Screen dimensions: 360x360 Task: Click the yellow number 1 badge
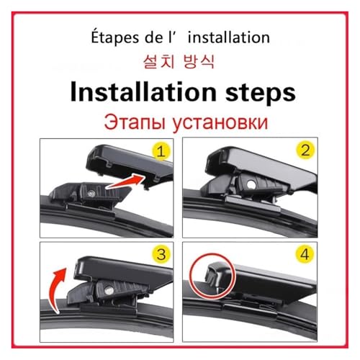click(161, 151)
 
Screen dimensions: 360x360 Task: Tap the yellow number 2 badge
click(305, 150)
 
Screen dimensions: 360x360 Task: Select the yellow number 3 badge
click(161, 254)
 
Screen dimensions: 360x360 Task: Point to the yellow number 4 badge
click(305, 254)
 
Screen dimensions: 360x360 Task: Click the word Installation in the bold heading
click(143, 93)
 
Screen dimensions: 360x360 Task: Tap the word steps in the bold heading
click(260, 94)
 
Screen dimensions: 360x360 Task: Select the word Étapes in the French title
click(115, 38)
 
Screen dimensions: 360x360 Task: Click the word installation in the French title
click(229, 37)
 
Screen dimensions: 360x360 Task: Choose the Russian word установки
click(220, 123)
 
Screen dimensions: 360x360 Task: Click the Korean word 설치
click(158, 62)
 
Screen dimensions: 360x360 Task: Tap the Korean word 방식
click(199, 62)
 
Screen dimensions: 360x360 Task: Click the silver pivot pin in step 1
click(91, 194)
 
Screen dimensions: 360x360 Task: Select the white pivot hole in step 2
click(251, 184)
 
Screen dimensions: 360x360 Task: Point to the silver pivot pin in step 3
click(109, 291)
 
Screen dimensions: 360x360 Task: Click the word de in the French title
click(154, 37)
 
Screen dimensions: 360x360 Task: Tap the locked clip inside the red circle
click(213, 276)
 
